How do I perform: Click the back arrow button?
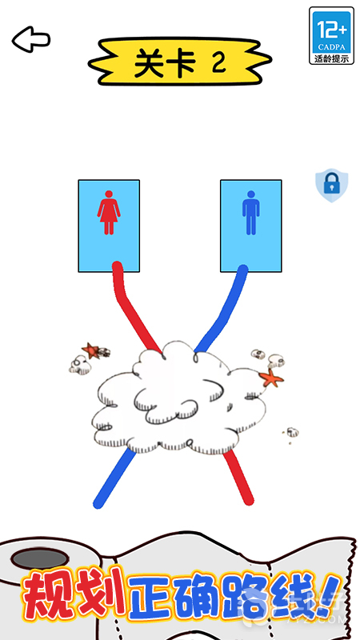(x=31, y=39)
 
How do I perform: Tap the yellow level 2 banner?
(x=179, y=62)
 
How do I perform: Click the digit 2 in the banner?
(x=219, y=62)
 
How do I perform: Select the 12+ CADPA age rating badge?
(x=331, y=35)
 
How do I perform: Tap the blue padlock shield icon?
(x=332, y=186)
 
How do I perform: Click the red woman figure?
(x=109, y=212)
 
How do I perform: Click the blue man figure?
(x=251, y=213)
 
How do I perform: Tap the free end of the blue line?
(x=98, y=504)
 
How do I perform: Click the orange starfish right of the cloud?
(x=271, y=378)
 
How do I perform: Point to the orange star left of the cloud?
(x=90, y=350)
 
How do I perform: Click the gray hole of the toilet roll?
(x=39, y=558)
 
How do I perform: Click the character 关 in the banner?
(x=150, y=64)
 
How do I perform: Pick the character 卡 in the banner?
(x=182, y=64)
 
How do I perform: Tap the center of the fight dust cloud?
(x=179, y=402)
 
